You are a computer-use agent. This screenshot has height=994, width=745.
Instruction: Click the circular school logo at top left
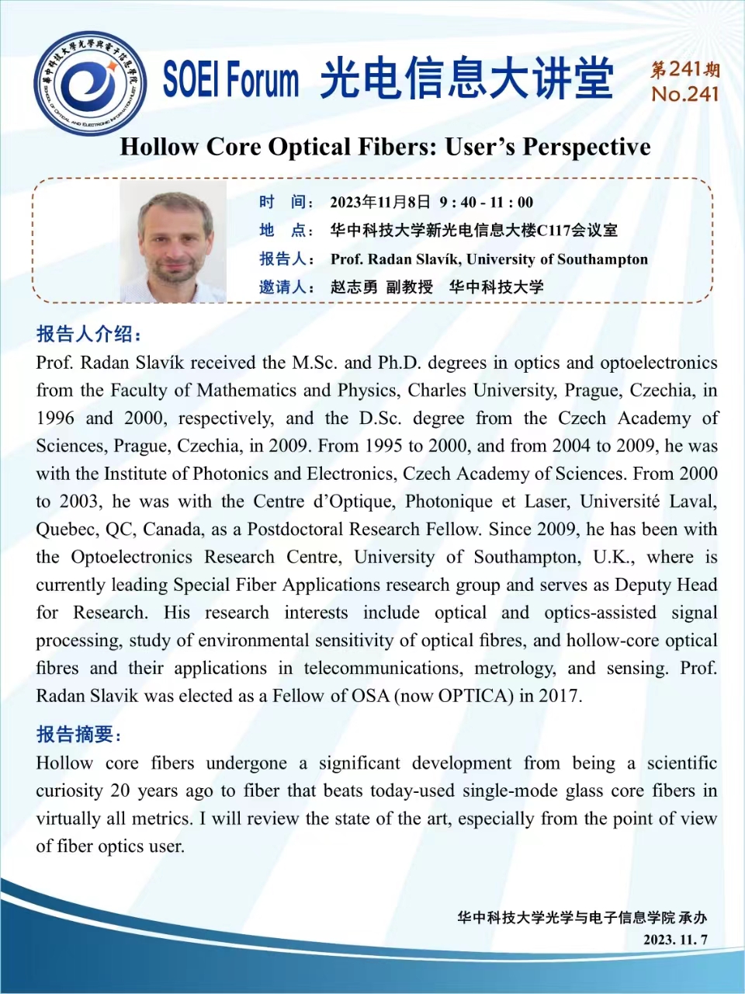tap(91, 83)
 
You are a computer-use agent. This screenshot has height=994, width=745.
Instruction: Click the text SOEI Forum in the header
tap(230, 80)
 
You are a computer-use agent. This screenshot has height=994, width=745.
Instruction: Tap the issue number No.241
tap(685, 95)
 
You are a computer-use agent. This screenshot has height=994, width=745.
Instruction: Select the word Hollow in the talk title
tap(159, 147)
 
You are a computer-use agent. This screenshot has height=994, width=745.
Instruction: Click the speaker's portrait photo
tap(173, 242)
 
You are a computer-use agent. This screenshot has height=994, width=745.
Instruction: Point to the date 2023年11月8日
tap(380, 203)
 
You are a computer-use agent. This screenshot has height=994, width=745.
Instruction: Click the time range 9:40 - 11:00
tap(487, 203)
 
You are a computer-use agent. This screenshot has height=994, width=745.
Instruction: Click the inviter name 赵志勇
tap(354, 287)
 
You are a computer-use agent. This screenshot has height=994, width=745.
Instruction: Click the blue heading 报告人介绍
tap(88, 334)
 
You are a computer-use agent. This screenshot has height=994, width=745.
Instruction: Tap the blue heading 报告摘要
tap(78, 734)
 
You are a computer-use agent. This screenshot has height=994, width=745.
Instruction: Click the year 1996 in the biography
tap(55, 419)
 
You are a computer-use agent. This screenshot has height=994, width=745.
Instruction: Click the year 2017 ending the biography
tap(559, 696)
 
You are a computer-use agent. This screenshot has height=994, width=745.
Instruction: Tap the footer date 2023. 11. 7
tap(675, 940)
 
